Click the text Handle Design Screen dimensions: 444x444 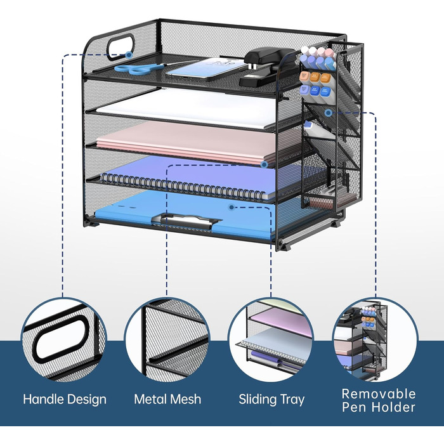pos(65,400)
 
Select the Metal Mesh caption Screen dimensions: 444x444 pos(167,400)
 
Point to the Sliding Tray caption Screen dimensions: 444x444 pos(271,400)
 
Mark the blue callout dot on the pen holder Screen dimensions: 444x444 pos(328,112)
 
